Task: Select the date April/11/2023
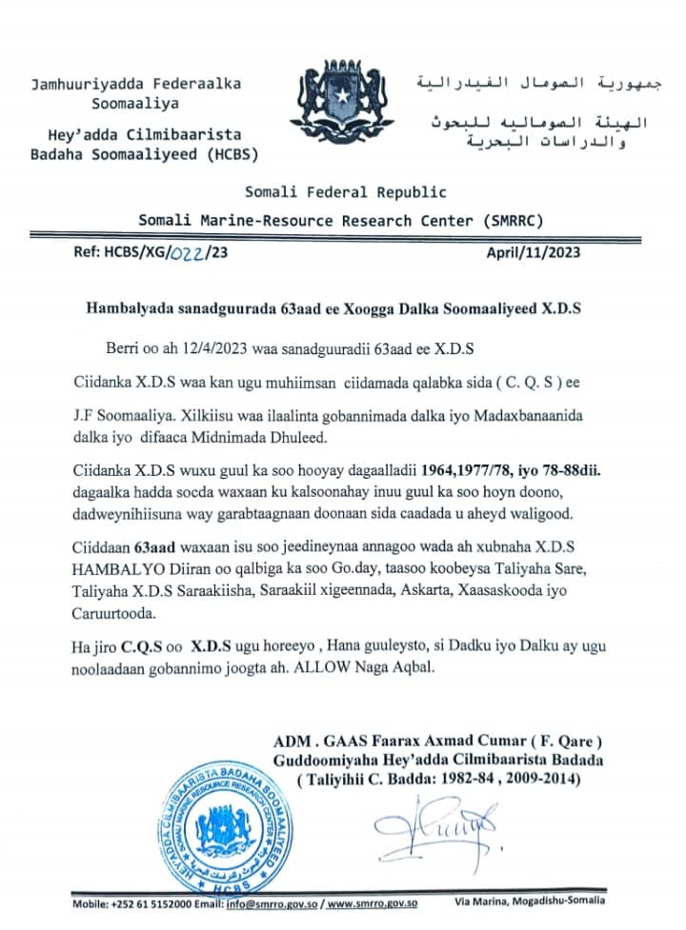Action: (533, 254)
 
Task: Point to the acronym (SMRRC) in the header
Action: (512, 221)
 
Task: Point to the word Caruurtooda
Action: (114, 615)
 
